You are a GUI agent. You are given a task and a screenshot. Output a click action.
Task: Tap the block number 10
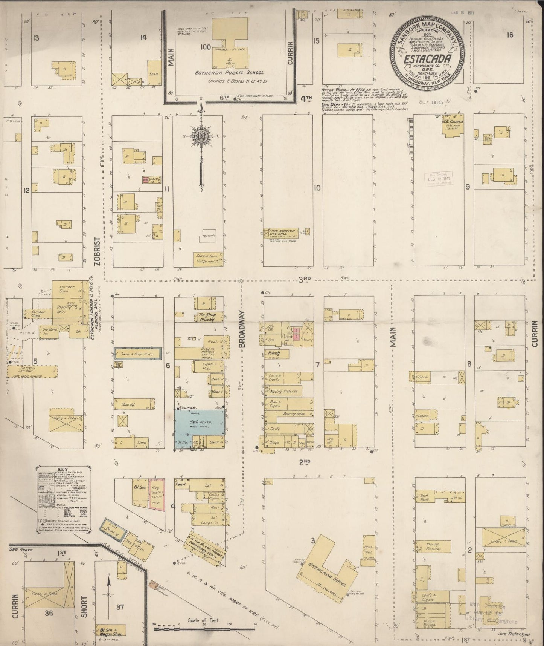coord(317,187)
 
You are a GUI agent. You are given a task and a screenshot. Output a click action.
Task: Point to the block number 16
coord(510,35)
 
